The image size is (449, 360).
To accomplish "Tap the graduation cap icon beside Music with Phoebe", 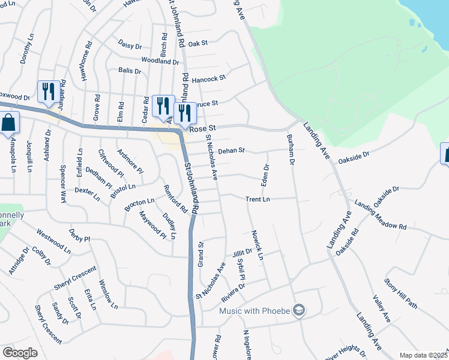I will pyautogui.click(x=300, y=310).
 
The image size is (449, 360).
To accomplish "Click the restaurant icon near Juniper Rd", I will pyautogui.click(x=47, y=92).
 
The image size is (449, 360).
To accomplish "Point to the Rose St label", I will pyautogui.click(x=202, y=129).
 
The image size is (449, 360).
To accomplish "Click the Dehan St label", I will pyautogui.click(x=232, y=151).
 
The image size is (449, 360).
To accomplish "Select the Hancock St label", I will pyautogui.click(x=209, y=78).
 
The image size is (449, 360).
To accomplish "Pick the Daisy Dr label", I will pyautogui.click(x=129, y=46).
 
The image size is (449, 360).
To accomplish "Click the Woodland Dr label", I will pyautogui.click(x=160, y=61).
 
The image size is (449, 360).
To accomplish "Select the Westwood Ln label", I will pyautogui.click(x=53, y=239).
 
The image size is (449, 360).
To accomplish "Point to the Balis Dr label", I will pyautogui.click(x=130, y=71).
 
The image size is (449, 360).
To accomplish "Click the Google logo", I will pyautogui.click(x=20, y=353).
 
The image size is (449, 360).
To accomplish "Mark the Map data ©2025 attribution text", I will pyautogui.click(x=423, y=355).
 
